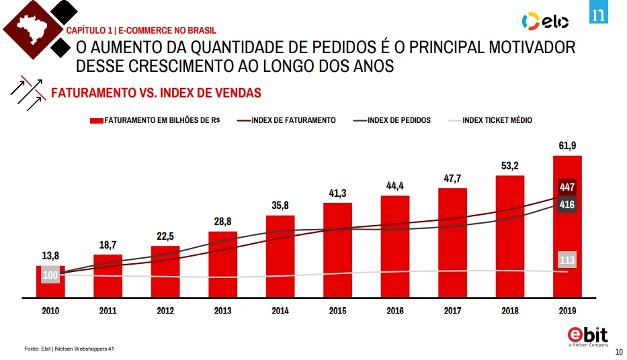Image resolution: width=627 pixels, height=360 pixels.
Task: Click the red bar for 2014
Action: [x=280, y=257]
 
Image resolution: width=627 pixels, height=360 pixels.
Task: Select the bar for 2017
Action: [x=452, y=243]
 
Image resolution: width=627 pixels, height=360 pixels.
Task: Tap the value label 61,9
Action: [x=567, y=146]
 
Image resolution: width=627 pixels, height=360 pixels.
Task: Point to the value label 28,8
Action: [x=222, y=222]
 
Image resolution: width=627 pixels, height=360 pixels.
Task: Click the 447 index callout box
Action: [x=567, y=187]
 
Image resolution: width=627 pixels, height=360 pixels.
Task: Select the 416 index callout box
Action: [x=567, y=205]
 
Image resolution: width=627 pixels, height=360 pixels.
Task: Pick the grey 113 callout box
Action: [x=567, y=260]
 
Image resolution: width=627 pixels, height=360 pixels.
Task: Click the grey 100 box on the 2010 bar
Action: [x=50, y=275]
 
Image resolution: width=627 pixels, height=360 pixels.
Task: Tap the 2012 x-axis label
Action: [x=165, y=310]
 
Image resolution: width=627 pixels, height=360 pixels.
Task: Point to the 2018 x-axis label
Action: [x=510, y=310]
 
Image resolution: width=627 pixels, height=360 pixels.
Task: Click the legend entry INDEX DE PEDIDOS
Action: [x=392, y=120]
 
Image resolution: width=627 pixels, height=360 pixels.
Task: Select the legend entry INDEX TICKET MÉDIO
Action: [x=491, y=120]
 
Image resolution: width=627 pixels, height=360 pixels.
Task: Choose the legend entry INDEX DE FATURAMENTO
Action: [x=286, y=120]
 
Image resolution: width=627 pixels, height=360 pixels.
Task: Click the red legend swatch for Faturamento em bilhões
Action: [x=96, y=121]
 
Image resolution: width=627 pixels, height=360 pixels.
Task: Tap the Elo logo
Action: [x=546, y=21]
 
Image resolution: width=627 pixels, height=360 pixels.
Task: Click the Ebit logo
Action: [x=588, y=336]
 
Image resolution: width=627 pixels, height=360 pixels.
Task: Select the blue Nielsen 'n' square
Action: [x=599, y=11]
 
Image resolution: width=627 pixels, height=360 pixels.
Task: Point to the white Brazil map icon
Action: [x=31, y=29]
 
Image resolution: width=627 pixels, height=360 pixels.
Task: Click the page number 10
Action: [x=619, y=352]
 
